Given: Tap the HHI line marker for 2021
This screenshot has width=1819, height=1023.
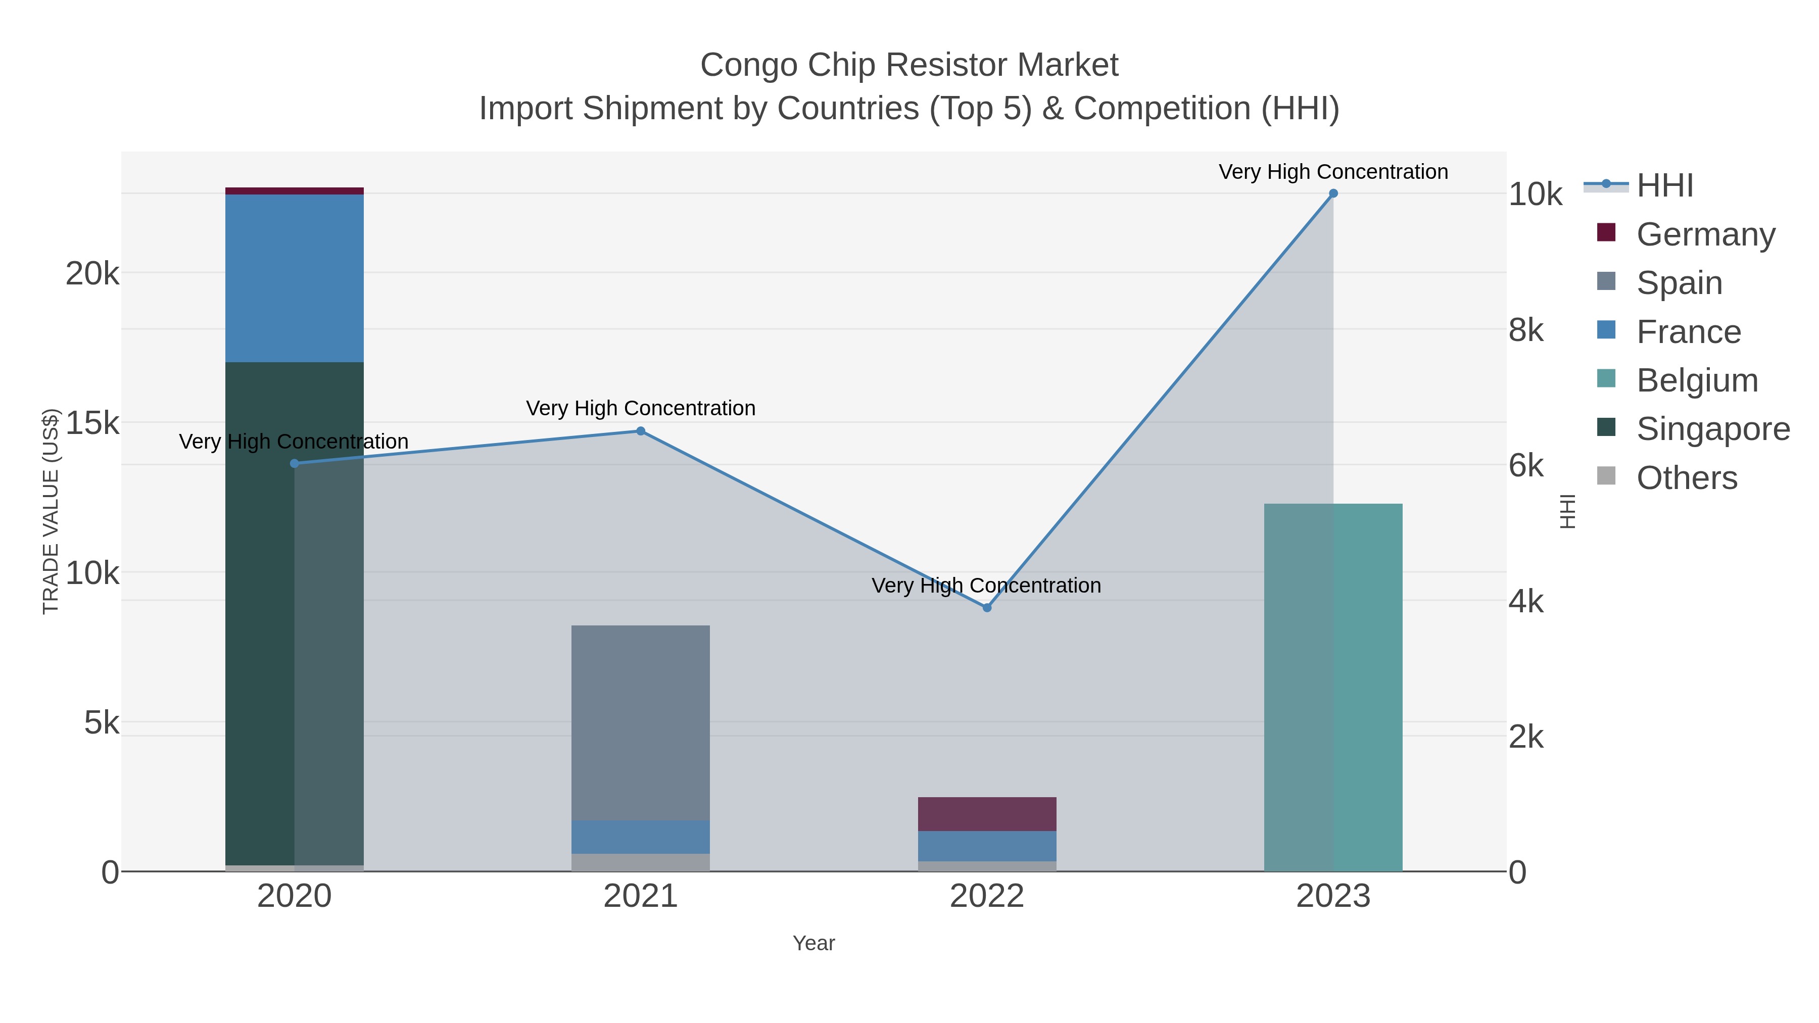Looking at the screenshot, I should (641, 430).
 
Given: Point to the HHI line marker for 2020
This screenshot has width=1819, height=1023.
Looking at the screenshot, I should (295, 463).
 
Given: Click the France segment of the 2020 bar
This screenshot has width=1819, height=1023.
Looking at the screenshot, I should (295, 278).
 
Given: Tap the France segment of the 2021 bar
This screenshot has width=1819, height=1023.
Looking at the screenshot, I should (641, 837).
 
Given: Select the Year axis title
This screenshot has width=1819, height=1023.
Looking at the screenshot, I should (813, 943).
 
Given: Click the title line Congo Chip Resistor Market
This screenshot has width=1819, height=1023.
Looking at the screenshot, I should (909, 65).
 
